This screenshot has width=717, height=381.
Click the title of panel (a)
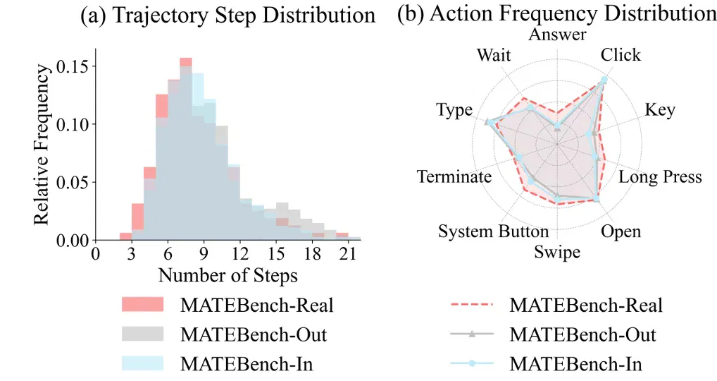tap(227, 15)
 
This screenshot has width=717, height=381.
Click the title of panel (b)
tap(556, 13)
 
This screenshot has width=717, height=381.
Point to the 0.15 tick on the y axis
tap(93, 66)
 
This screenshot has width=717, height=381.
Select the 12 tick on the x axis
tap(240, 242)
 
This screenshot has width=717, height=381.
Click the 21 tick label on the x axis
tap(349, 253)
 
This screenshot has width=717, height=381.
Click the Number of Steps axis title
tap(227, 276)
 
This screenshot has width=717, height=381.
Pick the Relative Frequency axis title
tap(42, 144)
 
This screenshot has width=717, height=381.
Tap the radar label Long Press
tap(660, 177)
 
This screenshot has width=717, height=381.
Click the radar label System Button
tap(494, 231)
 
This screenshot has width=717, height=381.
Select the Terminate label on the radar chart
tap(454, 176)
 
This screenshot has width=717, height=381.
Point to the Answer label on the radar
tap(557, 35)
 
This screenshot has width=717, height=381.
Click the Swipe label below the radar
tap(557, 252)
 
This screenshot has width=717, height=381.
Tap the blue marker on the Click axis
tap(604, 80)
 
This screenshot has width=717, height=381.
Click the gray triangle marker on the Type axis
tap(487, 122)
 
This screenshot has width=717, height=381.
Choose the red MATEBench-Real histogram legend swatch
tap(142, 305)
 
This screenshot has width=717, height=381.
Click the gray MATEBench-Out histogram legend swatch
tap(142, 334)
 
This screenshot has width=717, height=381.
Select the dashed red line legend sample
tap(472, 305)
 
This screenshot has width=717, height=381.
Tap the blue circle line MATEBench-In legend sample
tap(472, 363)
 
